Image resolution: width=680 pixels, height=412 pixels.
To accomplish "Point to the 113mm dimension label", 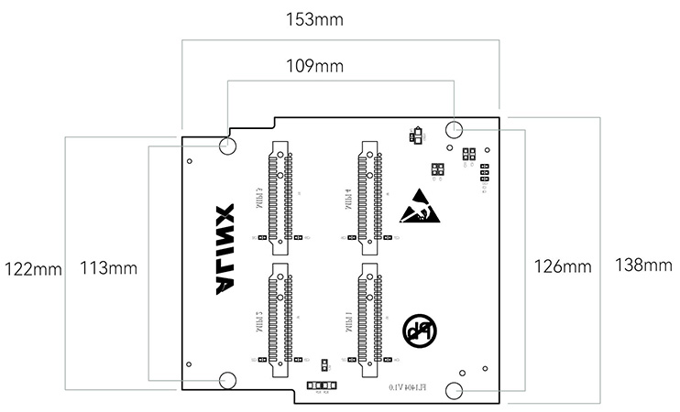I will (108, 268).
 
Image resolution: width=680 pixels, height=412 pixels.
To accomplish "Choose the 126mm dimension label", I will (562, 266).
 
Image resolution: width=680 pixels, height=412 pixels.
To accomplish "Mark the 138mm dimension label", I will (642, 266).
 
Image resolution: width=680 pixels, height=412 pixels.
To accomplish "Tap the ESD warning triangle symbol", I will (421, 207).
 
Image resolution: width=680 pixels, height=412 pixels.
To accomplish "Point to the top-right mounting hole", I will (455, 128).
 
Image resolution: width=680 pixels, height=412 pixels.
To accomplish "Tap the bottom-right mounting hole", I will (455, 391).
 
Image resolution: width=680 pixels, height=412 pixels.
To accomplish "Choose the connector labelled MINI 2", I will (280, 321).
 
